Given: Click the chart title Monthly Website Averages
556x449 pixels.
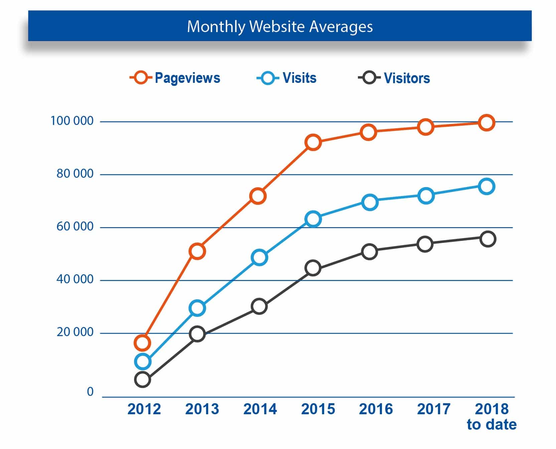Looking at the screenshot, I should pyautogui.click(x=280, y=27).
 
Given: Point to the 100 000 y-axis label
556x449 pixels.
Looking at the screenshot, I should pyautogui.click(x=72, y=121).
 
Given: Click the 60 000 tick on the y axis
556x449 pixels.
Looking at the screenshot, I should pyautogui.click(x=75, y=227).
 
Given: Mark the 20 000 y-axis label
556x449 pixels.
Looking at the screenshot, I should pyautogui.click(x=75, y=332).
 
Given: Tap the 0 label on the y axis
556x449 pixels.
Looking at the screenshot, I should pyautogui.click(x=90, y=392).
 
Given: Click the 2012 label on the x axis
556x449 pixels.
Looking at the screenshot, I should pyautogui.click(x=144, y=409).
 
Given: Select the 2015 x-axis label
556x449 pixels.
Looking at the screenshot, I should pyautogui.click(x=318, y=409).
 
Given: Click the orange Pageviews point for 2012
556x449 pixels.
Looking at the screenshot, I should pyautogui.click(x=142, y=343).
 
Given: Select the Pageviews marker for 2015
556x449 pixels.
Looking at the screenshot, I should pyautogui.click(x=313, y=142).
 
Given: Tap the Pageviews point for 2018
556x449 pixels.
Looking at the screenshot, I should pyautogui.click(x=486, y=123).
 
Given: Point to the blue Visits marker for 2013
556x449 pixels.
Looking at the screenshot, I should pyautogui.click(x=197, y=308).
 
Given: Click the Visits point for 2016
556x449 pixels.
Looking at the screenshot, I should pyautogui.click(x=370, y=202).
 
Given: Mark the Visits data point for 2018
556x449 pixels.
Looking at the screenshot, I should pyautogui.click(x=486, y=186).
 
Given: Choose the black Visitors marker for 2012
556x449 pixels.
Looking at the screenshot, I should pyautogui.click(x=142, y=380).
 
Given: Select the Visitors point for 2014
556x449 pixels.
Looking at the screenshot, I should pyautogui.click(x=259, y=306).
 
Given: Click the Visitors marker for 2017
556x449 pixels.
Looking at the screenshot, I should pyautogui.click(x=425, y=244).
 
